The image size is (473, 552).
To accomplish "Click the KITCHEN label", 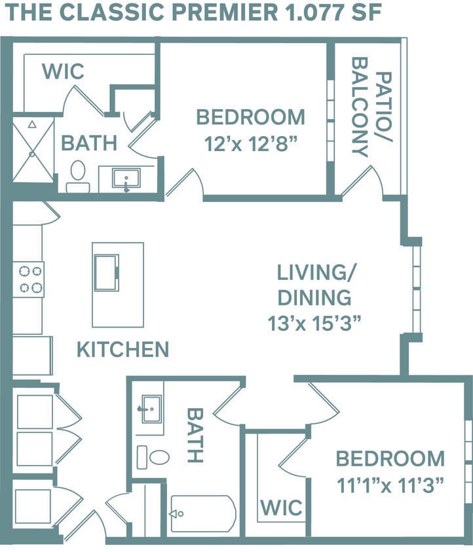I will (x=123, y=349).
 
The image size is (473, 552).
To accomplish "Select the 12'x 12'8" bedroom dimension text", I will (x=251, y=144).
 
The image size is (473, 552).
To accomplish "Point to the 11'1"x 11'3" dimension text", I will (x=390, y=485).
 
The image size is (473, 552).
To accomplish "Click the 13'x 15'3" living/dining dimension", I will (x=314, y=322).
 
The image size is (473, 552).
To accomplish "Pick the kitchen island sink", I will (x=106, y=271).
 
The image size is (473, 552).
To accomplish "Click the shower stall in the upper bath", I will (x=33, y=150).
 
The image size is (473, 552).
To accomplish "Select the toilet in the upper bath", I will (x=78, y=175).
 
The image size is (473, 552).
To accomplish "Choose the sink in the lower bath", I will (x=149, y=409).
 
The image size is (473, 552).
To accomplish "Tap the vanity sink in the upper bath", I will (x=126, y=179).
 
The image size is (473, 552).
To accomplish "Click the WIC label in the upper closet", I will (x=63, y=71).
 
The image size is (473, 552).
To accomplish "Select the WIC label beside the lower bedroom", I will (x=282, y=508).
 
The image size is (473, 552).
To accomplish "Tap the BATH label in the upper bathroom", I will (x=88, y=143).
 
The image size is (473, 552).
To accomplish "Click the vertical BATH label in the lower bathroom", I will (x=195, y=436).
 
